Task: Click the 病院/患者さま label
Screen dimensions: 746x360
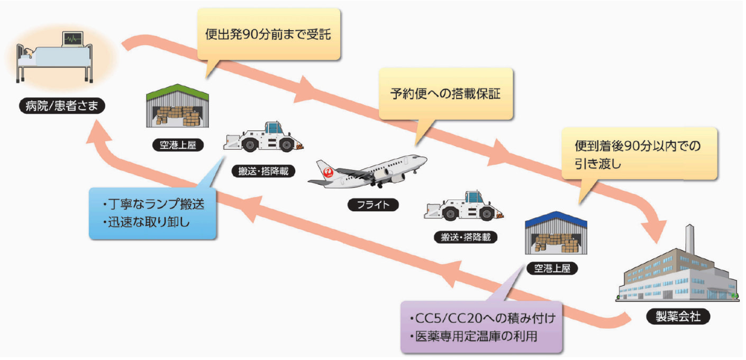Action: click(62, 106)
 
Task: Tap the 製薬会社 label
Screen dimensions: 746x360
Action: click(678, 317)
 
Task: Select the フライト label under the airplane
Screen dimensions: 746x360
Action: click(373, 204)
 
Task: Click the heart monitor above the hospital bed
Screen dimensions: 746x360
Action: click(73, 39)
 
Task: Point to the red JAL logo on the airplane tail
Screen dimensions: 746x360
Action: click(328, 172)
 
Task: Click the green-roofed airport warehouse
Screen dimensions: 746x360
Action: click(178, 105)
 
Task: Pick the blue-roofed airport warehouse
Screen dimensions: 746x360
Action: click(556, 232)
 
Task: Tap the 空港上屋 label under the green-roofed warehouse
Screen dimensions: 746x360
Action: click(178, 145)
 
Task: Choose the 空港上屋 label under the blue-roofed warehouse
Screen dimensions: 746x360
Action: click(552, 268)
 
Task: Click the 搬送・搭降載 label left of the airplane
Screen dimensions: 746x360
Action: click(263, 171)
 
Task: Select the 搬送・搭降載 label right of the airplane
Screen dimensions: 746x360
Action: click(466, 237)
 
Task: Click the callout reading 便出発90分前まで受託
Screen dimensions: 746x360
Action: click(268, 34)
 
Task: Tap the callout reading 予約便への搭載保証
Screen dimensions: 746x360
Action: click(445, 94)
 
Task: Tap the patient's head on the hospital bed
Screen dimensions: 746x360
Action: click(28, 52)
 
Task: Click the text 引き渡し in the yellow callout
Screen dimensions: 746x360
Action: click(598, 164)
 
